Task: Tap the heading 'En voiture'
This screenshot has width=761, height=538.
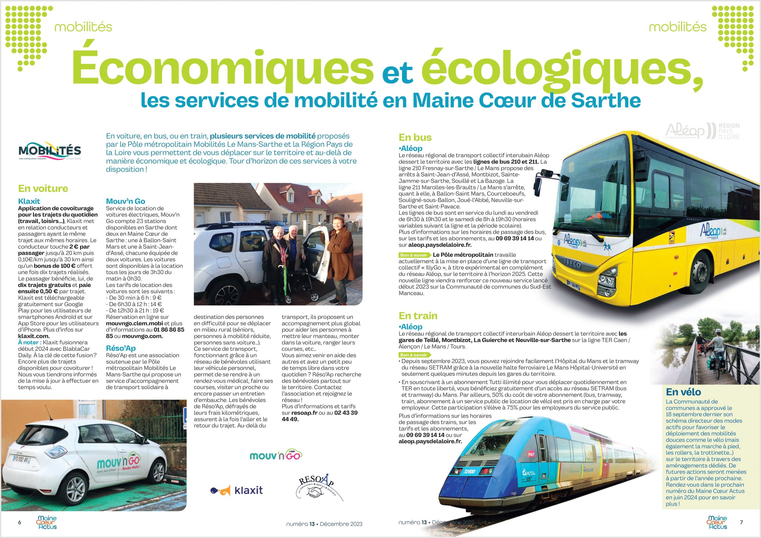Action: [43, 189]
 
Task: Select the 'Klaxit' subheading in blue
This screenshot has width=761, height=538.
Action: [29, 201]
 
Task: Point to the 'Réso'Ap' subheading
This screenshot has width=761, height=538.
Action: [121, 348]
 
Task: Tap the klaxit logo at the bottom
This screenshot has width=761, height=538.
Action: [237, 490]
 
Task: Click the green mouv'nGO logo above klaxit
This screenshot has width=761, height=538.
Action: [276, 455]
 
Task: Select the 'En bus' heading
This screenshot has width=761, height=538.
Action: [415, 138]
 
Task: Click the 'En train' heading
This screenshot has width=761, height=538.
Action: [418, 316]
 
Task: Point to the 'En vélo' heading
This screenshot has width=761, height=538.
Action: [683, 392]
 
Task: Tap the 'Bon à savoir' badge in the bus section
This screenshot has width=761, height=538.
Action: [413, 255]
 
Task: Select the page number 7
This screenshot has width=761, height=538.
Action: [741, 523]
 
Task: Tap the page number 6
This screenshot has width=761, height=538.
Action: [20, 523]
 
